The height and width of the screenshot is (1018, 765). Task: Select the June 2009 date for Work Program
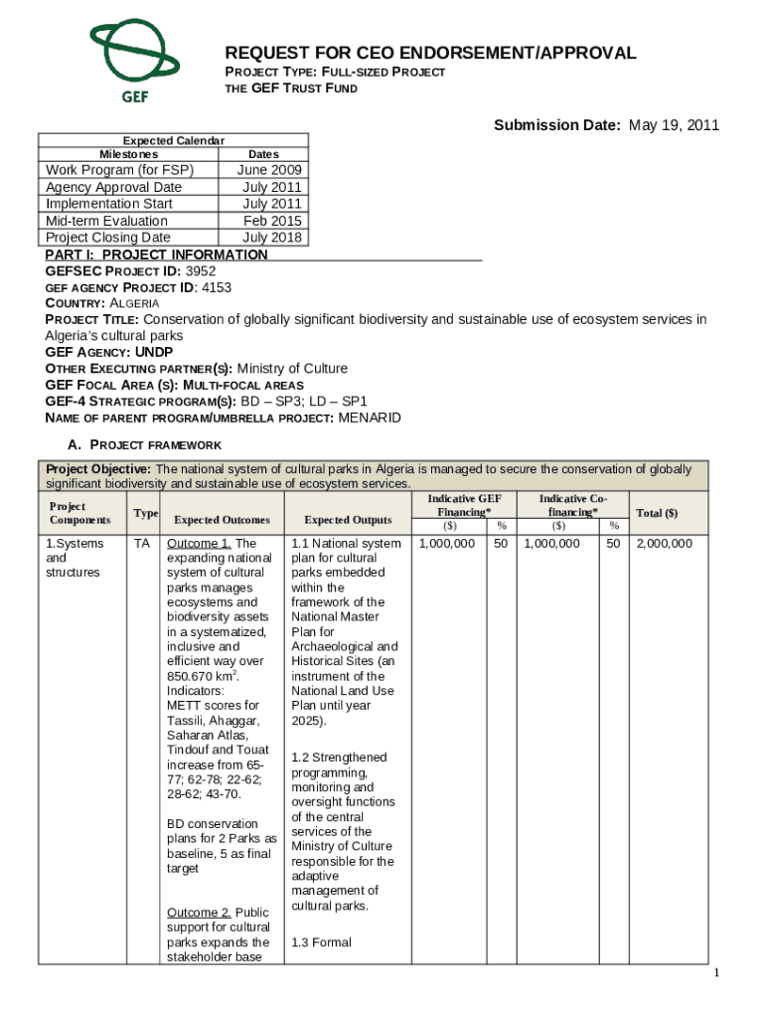coord(269,170)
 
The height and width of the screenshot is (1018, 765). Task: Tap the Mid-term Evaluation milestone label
coord(107,221)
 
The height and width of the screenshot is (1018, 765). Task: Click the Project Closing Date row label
coord(108,238)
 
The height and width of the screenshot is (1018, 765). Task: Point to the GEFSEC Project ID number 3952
coord(200,270)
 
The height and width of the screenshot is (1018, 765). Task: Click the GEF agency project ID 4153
coord(216,287)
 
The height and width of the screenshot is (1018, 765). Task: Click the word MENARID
coord(370,418)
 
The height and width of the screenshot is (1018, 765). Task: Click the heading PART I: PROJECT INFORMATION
coord(157,254)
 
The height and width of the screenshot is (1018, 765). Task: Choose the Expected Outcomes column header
coord(222,520)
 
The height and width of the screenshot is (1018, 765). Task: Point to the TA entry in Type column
coord(141,544)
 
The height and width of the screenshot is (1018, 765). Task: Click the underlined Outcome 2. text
coord(199,913)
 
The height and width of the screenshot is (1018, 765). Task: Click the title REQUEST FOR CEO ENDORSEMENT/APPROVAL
coord(430,54)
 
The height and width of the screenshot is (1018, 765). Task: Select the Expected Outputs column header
coord(347,520)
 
